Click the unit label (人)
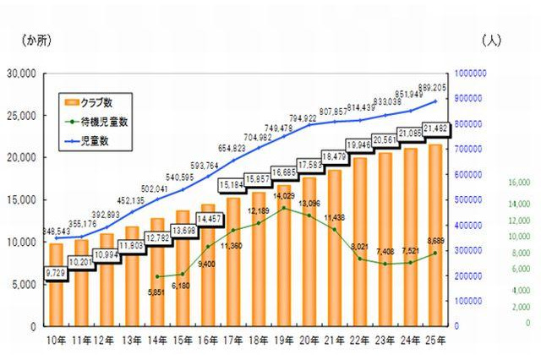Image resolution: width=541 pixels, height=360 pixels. coord(491,40)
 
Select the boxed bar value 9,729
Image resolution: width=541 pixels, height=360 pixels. coord(56,273)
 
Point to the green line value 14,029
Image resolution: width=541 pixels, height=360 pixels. coord(284,196)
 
